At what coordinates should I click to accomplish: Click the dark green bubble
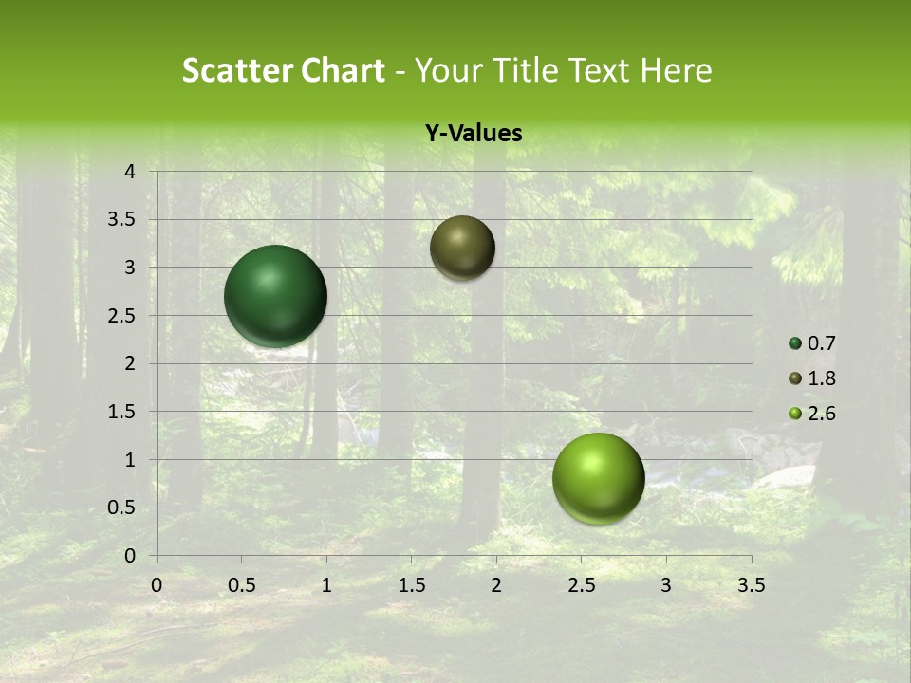(x=275, y=296)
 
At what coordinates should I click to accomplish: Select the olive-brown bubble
(x=462, y=248)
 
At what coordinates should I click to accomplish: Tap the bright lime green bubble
(x=598, y=478)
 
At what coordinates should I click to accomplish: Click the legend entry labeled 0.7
(x=812, y=343)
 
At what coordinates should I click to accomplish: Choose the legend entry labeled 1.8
(x=812, y=378)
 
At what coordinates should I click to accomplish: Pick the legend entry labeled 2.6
(x=812, y=414)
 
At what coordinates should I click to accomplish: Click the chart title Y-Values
(x=474, y=134)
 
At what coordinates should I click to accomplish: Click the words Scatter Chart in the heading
(x=284, y=70)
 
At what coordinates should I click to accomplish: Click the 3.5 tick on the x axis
(x=751, y=585)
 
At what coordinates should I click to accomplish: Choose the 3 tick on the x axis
(x=666, y=585)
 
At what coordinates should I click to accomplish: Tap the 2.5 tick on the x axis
(x=581, y=585)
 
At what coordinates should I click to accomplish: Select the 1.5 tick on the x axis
(x=411, y=585)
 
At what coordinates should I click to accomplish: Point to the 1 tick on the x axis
(x=326, y=585)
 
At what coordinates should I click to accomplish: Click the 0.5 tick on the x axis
(x=241, y=585)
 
